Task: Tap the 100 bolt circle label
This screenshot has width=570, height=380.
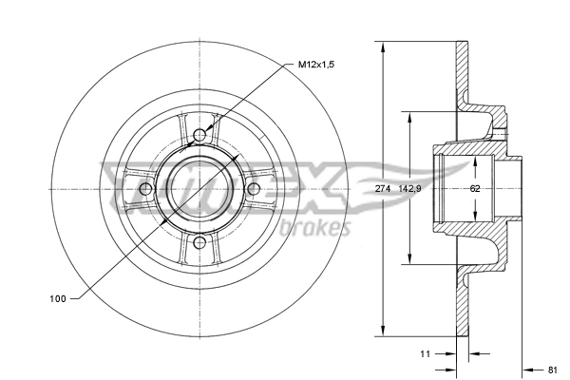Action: click(57, 299)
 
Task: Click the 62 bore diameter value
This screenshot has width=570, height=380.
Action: click(474, 188)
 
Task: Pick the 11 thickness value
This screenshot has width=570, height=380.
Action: click(426, 353)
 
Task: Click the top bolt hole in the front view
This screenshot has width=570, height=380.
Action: click(199, 135)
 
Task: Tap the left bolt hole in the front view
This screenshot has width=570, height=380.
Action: click(145, 189)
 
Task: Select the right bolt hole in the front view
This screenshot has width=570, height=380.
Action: click(254, 189)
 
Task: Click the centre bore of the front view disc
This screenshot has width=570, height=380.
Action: click(199, 189)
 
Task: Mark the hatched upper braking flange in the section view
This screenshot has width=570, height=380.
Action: click(463, 76)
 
